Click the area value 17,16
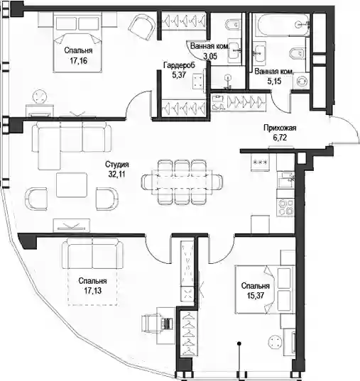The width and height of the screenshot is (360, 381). (78, 61)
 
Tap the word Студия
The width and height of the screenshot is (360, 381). (116, 165)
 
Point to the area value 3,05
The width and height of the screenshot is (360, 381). (210, 56)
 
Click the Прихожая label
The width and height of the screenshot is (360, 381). (280, 128)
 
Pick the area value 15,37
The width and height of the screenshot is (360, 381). (256, 296)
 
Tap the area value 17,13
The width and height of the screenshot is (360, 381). (93, 291)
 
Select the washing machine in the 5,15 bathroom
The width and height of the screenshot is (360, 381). (301, 81)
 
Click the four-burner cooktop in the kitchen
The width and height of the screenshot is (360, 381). (285, 207)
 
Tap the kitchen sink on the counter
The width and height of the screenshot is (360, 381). (287, 180)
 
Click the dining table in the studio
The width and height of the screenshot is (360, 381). (182, 182)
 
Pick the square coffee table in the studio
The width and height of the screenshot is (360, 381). (72, 184)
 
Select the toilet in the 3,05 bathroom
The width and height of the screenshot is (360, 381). (232, 25)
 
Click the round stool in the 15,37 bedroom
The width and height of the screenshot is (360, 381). (275, 343)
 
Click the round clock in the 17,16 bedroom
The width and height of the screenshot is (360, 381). (39, 96)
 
